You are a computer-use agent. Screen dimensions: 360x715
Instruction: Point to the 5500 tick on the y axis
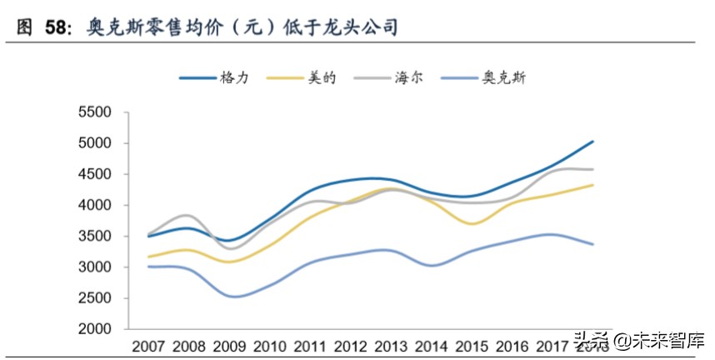tap(94, 112)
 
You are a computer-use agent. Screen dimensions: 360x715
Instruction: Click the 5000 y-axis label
tap(94, 143)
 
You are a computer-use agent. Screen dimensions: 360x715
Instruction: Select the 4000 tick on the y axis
tap(94, 205)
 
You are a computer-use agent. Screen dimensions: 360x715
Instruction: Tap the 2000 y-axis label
tap(94, 329)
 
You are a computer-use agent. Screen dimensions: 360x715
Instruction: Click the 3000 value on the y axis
tap(94, 267)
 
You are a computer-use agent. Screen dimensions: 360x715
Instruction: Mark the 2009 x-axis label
tap(230, 345)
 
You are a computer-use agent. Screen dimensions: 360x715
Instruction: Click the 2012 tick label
tap(352, 345)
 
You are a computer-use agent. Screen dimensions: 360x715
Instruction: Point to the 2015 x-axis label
tap(472, 345)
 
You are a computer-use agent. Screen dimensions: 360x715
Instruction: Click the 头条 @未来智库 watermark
tap(637, 341)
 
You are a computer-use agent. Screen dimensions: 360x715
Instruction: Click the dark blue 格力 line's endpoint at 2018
tap(592, 142)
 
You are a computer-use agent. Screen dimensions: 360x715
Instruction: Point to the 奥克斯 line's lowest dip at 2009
tap(229, 297)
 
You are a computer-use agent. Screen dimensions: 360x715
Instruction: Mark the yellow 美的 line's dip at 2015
tap(472, 223)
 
